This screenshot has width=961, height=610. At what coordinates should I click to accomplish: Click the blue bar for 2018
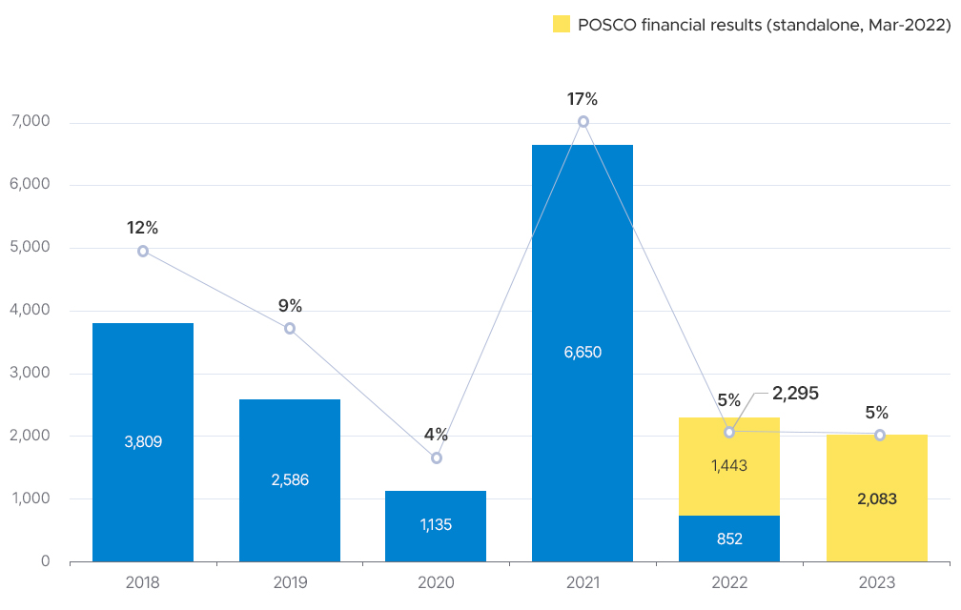coord(143,381)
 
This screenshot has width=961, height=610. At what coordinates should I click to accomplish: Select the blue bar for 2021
coord(583,286)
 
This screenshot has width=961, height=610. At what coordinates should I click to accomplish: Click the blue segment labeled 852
coord(729,539)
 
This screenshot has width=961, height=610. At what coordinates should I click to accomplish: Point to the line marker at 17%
coord(583,121)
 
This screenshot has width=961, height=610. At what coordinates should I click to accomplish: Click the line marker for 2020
coord(437,457)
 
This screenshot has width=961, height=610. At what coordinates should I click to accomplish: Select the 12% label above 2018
coord(142,228)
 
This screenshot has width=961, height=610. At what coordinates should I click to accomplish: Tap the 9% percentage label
coord(290,306)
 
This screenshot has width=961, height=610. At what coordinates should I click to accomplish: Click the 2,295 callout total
coord(795,393)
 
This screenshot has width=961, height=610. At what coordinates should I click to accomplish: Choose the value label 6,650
coord(583,352)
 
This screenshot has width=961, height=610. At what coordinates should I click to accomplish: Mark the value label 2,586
coord(290,479)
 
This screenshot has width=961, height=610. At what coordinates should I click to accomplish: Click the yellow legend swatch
coord(562,25)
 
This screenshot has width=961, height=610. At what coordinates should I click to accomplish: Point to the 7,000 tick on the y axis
coord(32,122)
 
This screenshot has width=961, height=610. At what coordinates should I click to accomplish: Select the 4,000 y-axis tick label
coord(32,311)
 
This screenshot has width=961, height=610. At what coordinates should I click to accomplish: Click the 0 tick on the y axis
coord(46,561)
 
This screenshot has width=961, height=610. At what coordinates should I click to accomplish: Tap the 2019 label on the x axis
coord(290,581)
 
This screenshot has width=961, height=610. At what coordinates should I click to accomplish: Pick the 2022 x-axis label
coord(729,581)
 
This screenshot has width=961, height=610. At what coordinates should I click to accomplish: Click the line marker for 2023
coord(879,435)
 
